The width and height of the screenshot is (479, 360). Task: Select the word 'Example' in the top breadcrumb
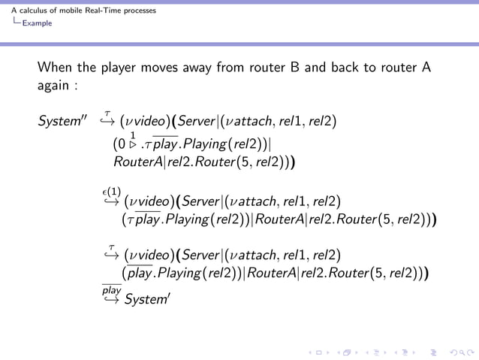[37, 23]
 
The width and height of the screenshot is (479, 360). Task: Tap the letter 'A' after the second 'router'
[426, 67]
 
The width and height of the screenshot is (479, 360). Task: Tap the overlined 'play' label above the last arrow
[110, 289]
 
